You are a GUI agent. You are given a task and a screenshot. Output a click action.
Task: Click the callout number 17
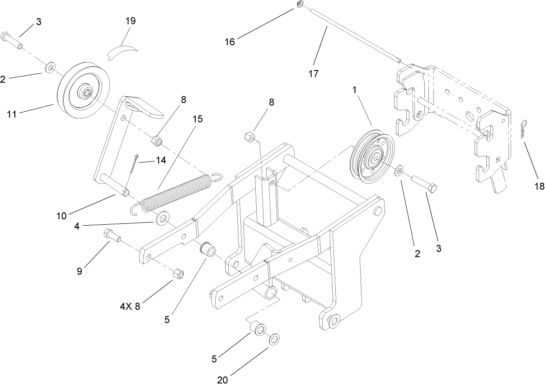coord(313,74)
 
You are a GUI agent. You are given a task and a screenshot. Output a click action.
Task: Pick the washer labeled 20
coord(274,340)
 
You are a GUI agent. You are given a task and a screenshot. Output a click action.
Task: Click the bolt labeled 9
coord(111,235)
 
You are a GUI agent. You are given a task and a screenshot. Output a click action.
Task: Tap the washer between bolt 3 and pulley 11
coord(49,68)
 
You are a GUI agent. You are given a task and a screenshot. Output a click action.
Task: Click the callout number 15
coord(197,119)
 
